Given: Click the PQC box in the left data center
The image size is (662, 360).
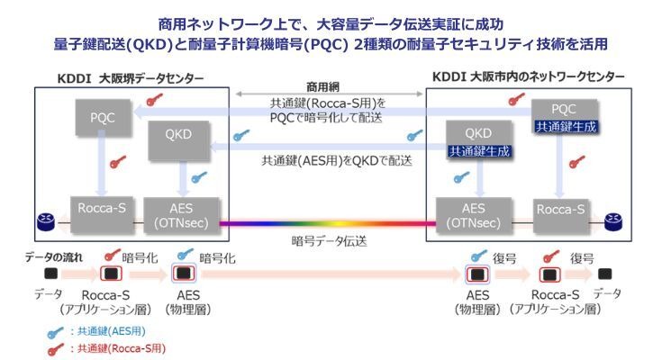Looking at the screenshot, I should click(101, 119).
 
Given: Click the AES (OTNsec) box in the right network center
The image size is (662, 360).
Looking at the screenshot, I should click(468, 212).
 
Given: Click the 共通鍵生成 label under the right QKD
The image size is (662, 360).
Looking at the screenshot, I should click(477, 152).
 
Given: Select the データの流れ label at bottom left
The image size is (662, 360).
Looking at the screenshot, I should click(51, 256).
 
